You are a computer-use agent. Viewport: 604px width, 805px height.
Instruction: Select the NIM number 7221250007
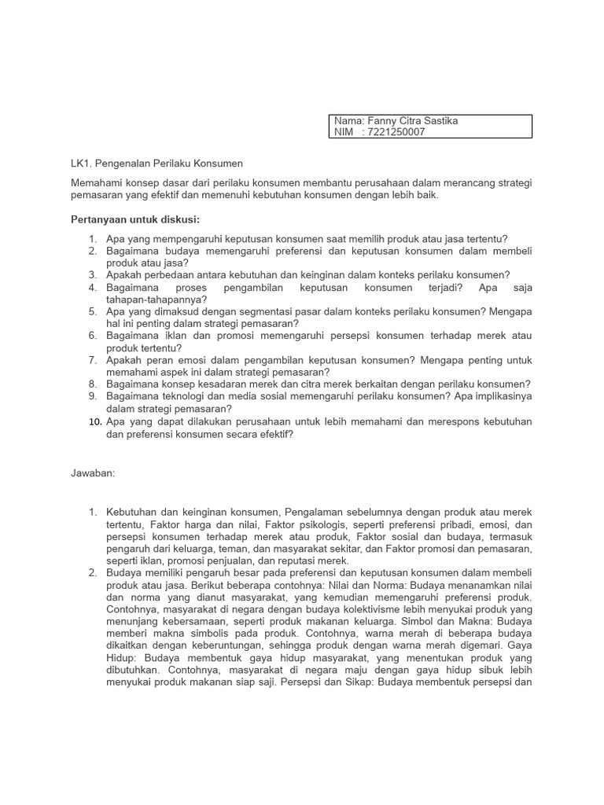(396, 132)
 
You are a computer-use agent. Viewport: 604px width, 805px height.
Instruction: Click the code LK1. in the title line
(81, 164)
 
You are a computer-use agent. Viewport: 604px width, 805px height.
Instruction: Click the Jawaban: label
(93, 473)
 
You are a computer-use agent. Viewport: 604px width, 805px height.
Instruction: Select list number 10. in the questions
(94, 421)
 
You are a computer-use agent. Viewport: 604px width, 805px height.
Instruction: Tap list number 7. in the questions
(92, 360)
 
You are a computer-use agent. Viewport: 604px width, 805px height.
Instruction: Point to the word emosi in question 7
(199, 360)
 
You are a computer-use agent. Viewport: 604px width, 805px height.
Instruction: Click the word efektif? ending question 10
(273, 433)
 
